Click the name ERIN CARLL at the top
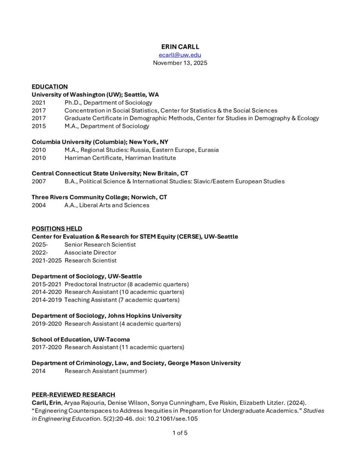[180, 47]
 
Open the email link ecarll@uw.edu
[180, 55]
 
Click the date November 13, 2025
[180, 63]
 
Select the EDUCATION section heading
[50, 86]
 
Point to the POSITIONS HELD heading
[57, 228]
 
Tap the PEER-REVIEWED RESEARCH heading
[73, 395]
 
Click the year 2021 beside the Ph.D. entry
[39, 102]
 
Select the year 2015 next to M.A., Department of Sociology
[39, 126]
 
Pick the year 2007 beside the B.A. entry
[39, 181]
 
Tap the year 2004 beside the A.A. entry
[39, 205]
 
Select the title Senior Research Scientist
[100, 244]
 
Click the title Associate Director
[88, 253]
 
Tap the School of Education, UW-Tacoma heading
[81, 339]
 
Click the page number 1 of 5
[180, 433]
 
